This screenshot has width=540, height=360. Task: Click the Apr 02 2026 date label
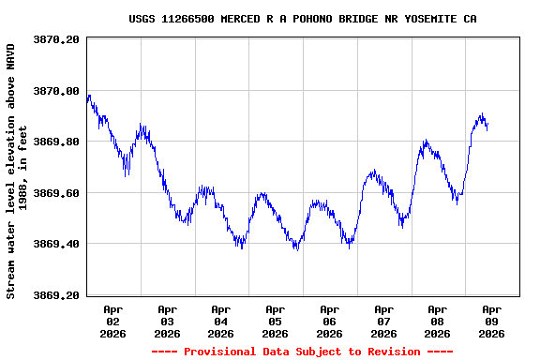(113, 321)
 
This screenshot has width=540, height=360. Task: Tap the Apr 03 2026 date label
(167, 321)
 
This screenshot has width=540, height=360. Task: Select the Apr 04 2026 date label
(221, 321)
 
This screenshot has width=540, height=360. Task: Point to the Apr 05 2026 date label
(275, 321)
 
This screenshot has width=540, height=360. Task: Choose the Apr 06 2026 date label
(329, 321)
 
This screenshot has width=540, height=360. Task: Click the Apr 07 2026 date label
(383, 321)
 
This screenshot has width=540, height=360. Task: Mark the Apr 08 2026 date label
(437, 321)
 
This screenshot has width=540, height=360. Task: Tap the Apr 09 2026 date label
(491, 321)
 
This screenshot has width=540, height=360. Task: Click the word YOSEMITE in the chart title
(427, 19)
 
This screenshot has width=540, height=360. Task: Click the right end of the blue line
(487, 127)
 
